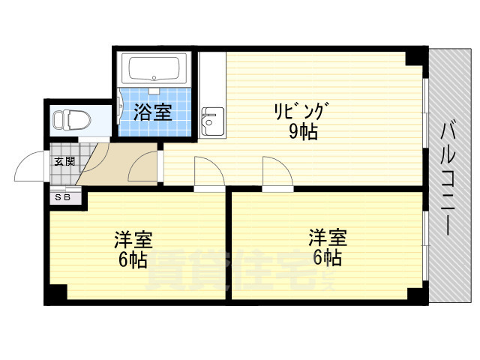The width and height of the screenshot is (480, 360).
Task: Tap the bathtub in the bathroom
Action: (156, 70)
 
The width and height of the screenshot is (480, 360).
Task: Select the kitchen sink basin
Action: (210, 119)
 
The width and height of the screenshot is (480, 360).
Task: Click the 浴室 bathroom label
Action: (153, 112)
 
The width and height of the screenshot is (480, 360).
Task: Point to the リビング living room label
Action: (301, 112)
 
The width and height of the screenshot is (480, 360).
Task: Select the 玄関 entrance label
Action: (64, 161)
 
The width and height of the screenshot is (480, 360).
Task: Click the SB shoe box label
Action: (63, 197)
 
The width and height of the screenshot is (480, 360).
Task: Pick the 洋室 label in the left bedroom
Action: (133, 240)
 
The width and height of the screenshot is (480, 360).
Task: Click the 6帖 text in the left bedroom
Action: (131, 260)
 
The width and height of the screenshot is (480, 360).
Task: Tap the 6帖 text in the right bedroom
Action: (327, 258)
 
